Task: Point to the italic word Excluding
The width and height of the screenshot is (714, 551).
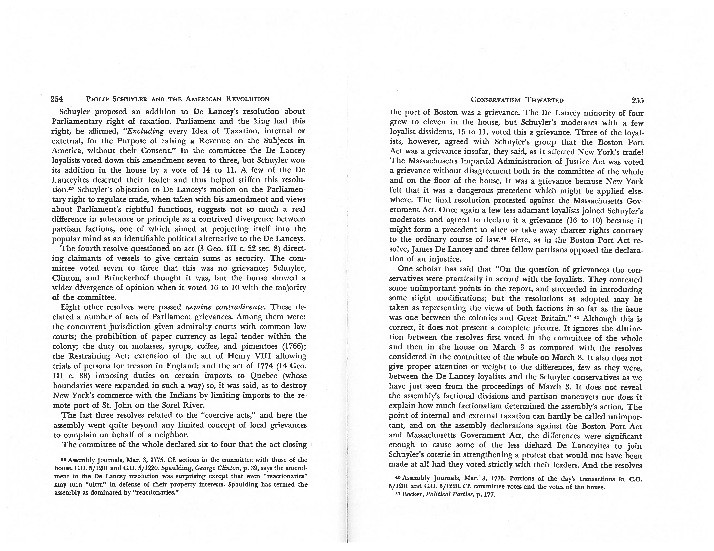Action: tap(148, 131)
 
